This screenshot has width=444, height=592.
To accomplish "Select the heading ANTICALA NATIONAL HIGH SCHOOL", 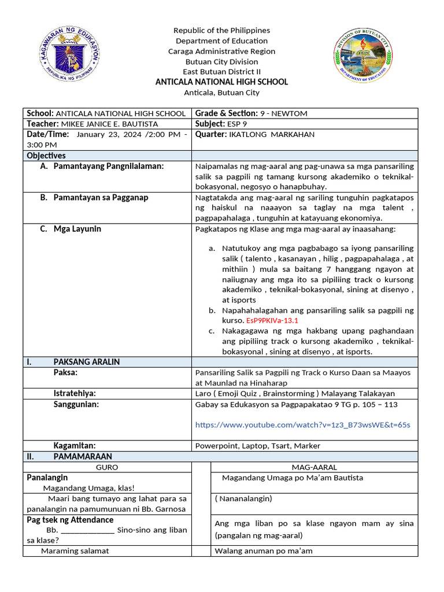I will click(221, 82).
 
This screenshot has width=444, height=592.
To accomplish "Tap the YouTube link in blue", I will click(302, 425).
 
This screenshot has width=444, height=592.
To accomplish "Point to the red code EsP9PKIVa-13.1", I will click(272, 320).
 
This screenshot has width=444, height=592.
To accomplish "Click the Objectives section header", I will click(46, 156).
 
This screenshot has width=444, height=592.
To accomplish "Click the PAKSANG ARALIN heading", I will click(87, 362).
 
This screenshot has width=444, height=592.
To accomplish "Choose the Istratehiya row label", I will click(75, 394).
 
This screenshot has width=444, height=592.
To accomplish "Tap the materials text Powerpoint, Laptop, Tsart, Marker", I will click(258, 446).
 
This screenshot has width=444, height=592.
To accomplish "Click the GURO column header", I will click(107, 467).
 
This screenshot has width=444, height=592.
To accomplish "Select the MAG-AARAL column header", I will click(314, 467).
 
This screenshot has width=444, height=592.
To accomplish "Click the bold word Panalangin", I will click(47, 478).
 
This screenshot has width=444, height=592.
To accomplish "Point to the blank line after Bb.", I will click(87, 530).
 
